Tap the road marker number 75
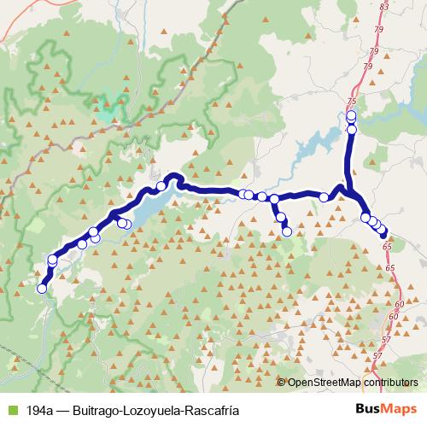[x=351, y=102]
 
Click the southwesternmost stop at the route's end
[x=41, y=289]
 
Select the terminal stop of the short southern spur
[x=287, y=231]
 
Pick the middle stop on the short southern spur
[x=280, y=218]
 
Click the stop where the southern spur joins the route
[x=274, y=199]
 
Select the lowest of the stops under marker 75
[x=351, y=129]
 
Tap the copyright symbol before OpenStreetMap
[x=282, y=383]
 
